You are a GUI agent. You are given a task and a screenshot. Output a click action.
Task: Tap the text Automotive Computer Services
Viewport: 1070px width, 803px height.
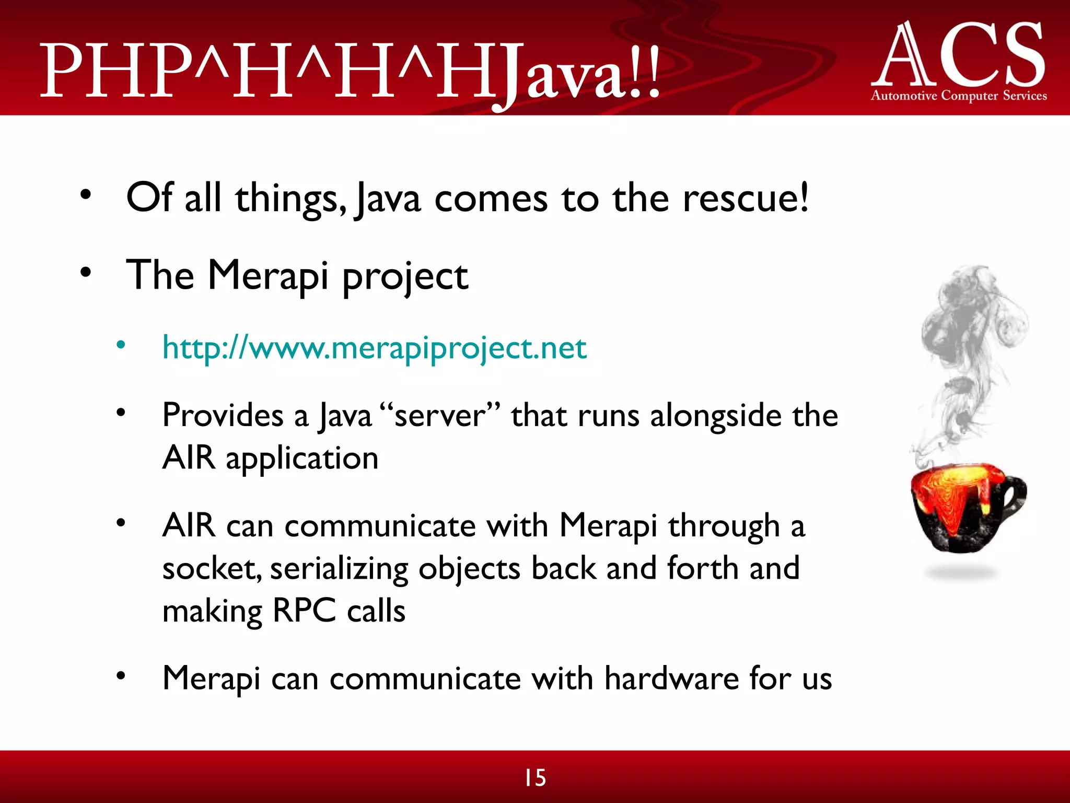click(x=959, y=96)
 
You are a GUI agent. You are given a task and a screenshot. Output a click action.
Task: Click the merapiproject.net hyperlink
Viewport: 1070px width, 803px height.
click(x=374, y=348)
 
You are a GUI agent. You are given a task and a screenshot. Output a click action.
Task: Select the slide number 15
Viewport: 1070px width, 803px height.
click(x=535, y=778)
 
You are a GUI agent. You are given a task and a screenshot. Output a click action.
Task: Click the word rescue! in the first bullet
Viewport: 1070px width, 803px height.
click(x=746, y=199)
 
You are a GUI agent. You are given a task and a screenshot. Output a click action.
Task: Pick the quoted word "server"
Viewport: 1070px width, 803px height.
click(x=440, y=416)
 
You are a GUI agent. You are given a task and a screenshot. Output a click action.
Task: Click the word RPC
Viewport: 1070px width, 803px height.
click(x=304, y=611)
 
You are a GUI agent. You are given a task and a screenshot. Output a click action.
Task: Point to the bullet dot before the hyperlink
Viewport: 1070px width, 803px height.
click(x=121, y=345)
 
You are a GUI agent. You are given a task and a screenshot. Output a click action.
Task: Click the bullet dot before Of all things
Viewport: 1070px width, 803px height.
click(x=86, y=196)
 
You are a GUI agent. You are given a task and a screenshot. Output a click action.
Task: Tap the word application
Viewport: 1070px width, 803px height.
click(x=301, y=459)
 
